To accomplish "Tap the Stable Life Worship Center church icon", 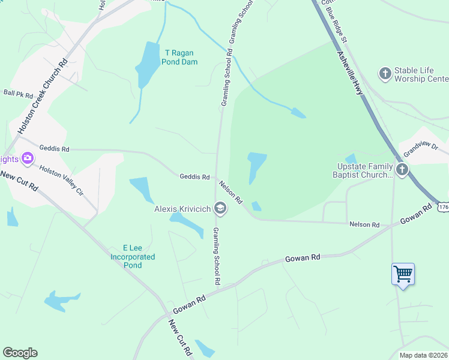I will (385, 74).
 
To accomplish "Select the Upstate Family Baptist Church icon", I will (402, 170).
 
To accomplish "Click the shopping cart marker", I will (403, 275).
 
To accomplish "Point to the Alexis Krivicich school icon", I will (220, 208).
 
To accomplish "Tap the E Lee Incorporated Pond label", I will (133, 257).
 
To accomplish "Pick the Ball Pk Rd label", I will (18, 94).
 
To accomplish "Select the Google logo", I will (20, 353).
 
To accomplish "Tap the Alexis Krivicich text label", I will (182, 209).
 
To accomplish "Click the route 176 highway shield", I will (442, 207).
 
